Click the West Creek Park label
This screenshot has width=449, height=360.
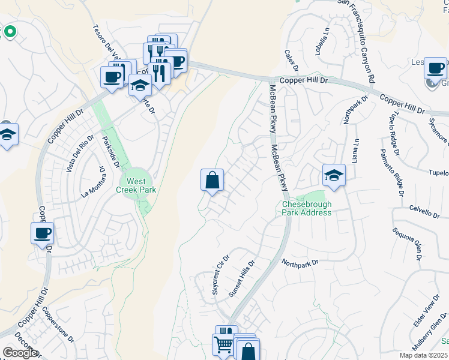pos(138,185)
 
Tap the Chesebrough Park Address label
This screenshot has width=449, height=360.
pos(307,208)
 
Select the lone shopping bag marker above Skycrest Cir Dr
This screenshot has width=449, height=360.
pos(212,180)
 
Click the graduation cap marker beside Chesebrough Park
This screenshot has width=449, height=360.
pos(334,175)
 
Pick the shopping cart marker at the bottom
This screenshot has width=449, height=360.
pos(223,346)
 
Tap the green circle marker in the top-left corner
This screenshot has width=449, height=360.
pos(10,31)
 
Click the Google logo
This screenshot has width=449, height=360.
pos(20,353)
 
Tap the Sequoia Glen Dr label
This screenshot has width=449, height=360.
pos(408,245)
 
